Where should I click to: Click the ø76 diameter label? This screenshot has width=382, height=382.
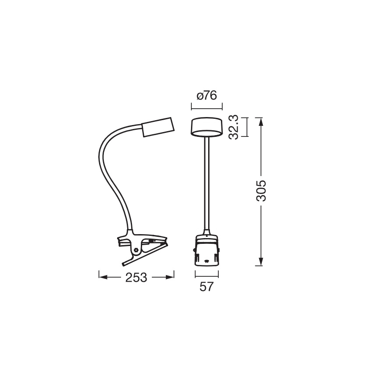(x=207, y=95)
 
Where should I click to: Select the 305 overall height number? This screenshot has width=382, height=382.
(x=261, y=190)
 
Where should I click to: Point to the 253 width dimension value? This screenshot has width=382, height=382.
(x=136, y=278)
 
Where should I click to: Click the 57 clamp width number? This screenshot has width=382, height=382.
(x=206, y=287)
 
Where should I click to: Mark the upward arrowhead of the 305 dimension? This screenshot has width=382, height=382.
(x=261, y=121)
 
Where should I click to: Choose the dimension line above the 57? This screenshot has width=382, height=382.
(x=206, y=275)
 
